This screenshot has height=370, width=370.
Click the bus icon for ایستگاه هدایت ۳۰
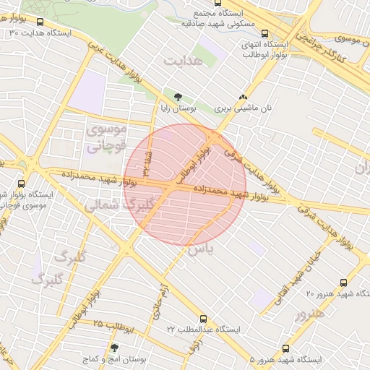coord(40,22)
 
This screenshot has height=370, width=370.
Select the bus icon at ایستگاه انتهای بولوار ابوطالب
coord(266,33)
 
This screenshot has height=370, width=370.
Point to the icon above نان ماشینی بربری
coord(244,96)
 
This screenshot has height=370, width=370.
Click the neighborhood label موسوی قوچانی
coord(106,137)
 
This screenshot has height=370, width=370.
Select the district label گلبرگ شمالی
coord(115,205)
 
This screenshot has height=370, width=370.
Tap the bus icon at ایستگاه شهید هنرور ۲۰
coord(344,283)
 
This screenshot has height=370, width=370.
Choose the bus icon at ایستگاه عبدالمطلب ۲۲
coord(205,319)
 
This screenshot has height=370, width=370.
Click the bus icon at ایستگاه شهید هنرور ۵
coord(286,348)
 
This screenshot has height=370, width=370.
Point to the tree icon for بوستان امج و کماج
coord(114,348)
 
